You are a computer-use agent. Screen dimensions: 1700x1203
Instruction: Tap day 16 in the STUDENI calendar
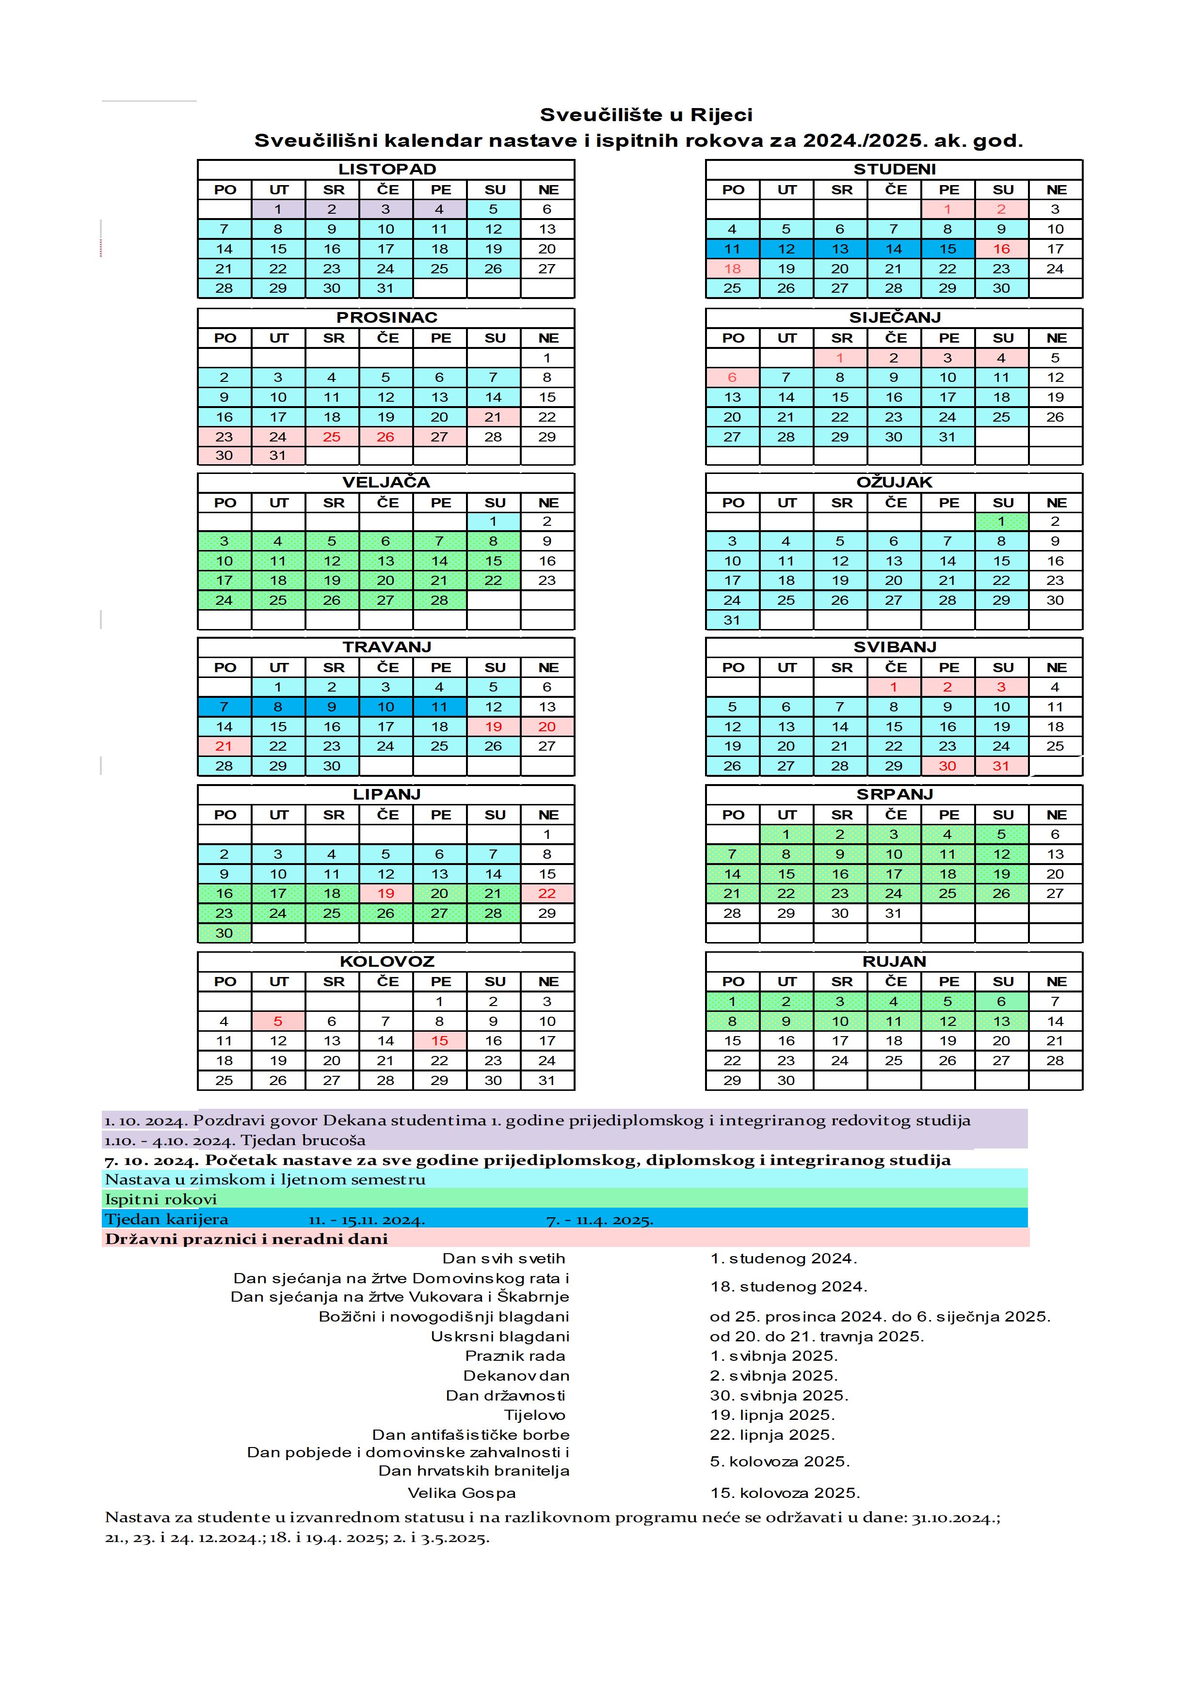(x=1001, y=249)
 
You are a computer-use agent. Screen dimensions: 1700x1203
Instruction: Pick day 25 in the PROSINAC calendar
(x=332, y=437)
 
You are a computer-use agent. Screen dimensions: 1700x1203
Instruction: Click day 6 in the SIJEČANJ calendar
(x=732, y=378)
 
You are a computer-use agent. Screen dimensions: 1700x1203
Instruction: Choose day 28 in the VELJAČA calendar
(x=439, y=600)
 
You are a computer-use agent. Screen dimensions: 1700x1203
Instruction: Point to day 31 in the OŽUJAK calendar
(x=732, y=620)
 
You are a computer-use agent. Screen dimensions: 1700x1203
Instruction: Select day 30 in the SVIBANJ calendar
(x=947, y=766)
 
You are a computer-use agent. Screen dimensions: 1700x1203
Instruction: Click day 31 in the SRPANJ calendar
(x=893, y=913)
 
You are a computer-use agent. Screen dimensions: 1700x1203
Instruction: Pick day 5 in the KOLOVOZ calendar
(x=278, y=1022)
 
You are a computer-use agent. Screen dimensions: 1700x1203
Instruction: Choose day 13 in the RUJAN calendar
(x=1001, y=1022)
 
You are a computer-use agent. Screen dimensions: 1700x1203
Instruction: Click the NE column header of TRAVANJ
(x=547, y=668)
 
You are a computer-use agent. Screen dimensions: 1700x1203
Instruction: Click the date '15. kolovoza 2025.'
(x=785, y=1493)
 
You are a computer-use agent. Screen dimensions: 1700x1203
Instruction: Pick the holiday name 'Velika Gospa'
(x=462, y=1493)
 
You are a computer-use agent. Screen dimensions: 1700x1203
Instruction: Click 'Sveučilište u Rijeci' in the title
(x=646, y=115)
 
